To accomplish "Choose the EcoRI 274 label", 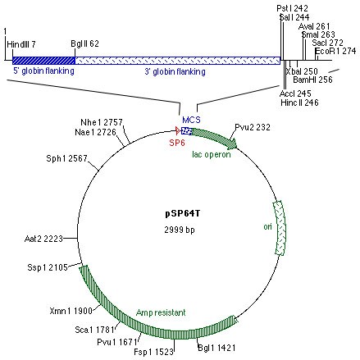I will (337, 51).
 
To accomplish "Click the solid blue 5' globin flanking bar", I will (42, 60).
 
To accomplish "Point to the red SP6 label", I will (177, 142).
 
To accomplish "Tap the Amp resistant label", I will (162, 312).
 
